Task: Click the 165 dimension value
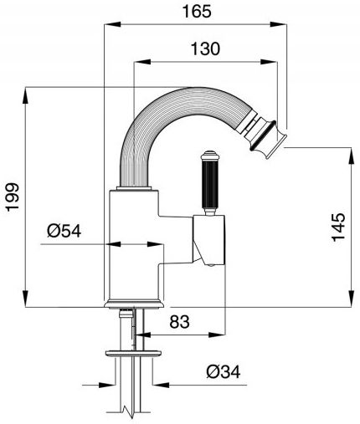tap(197, 12)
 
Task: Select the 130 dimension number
tap(205, 49)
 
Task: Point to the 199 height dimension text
tap(13, 197)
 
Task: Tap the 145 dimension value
tap(338, 227)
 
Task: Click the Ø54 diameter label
tap(64, 231)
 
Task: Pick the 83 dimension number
tap(180, 321)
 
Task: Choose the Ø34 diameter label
tap(224, 371)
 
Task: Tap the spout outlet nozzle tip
tap(269, 139)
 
